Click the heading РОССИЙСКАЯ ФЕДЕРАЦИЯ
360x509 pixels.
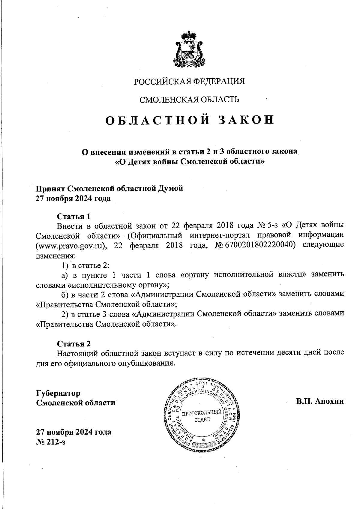(x=189, y=82)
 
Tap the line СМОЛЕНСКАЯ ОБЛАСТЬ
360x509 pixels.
(x=190, y=100)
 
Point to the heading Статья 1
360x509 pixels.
(x=73, y=216)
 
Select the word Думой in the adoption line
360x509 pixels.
(x=170, y=189)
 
